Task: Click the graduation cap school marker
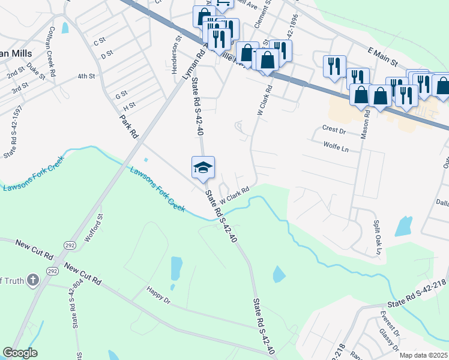click(x=203, y=167)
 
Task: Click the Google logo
click(x=20, y=353)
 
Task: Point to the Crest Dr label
click(x=334, y=129)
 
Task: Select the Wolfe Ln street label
click(x=336, y=145)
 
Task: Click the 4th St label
click(x=86, y=76)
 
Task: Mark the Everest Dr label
click(x=389, y=323)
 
